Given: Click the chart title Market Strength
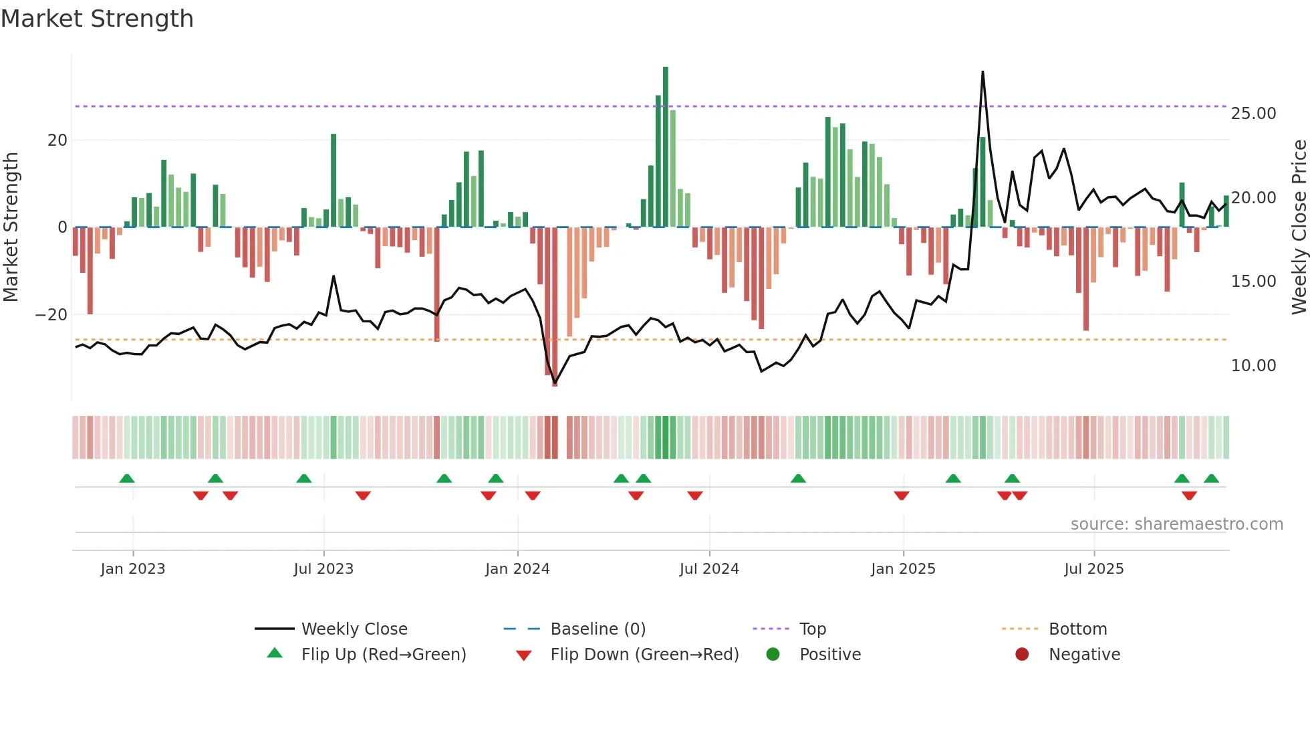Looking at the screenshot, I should pyautogui.click(x=97, y=19).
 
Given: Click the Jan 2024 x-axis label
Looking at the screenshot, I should pyautogui.click(x=517, y=569).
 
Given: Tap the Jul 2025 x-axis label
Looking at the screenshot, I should pyautogui.click(x=1093, y=569).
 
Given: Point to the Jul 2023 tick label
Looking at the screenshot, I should pyautogui.click(x=323, y=569).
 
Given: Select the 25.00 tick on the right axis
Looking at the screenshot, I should pyautogui.click(x=1253, y=114).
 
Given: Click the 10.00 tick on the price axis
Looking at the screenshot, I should pyautogui.click(x=1253, y=366).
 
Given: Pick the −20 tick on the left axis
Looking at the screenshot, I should pyautogui.click(x=51, y=315).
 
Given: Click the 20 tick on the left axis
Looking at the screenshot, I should pyautogui.click(x=57, y=140).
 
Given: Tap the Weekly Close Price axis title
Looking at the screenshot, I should pyautogui.click(x=1299, y=227).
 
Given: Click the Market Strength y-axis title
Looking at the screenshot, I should pyautogui.click(x=11, y=227).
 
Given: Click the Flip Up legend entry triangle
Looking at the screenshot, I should pyautogui.click(x=275, y=653).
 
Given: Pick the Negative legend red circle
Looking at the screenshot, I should pyautogui.click(x=1022, y=655).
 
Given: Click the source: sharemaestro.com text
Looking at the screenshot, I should pyautogui.click(x=1176, y=524).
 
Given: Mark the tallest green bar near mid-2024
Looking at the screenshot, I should pyautogui.click(x=666, y=147).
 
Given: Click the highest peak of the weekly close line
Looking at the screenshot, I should pyautogui.click(x=982, y=72).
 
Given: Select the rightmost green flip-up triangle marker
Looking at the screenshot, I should pyautogui.click(x=1211, y=479).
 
